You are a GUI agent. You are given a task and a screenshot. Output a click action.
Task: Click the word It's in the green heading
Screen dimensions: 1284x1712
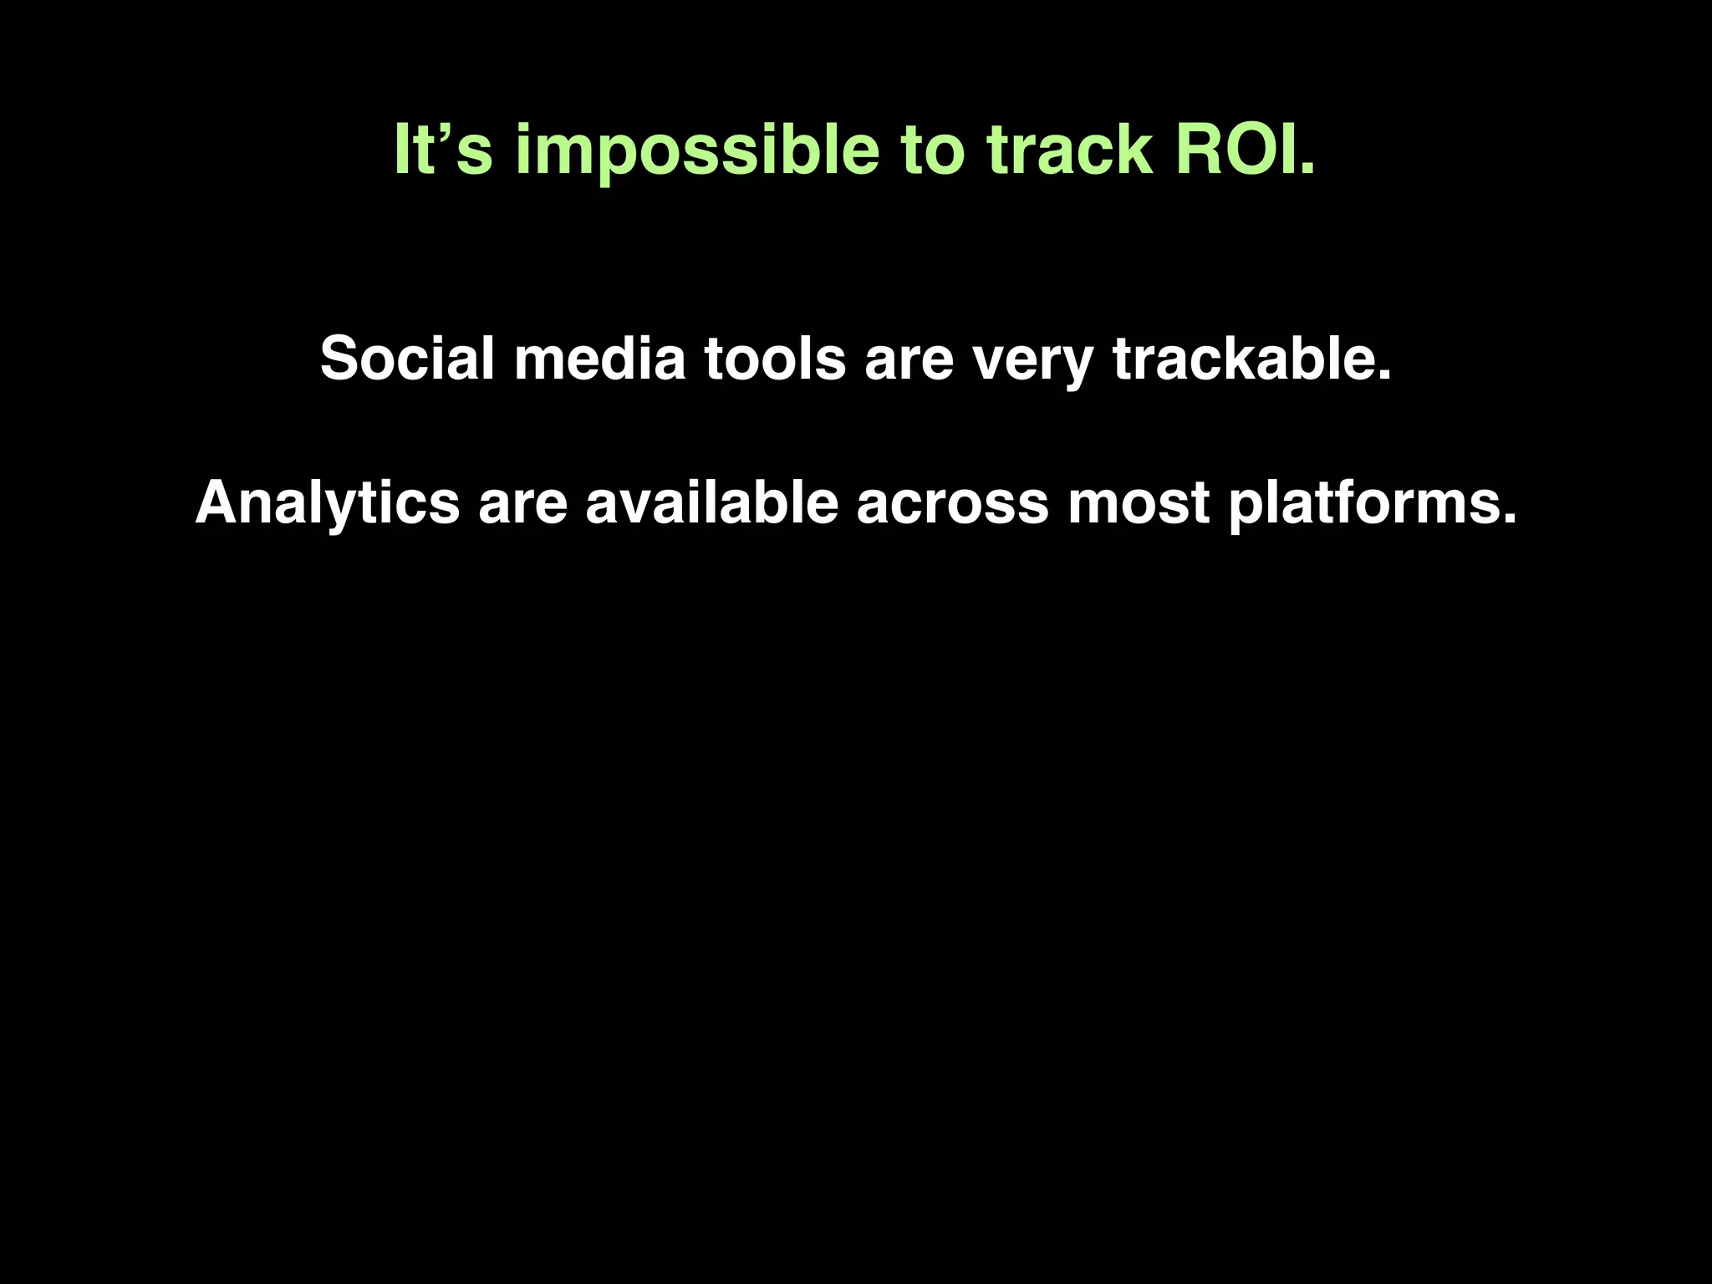point(443,150)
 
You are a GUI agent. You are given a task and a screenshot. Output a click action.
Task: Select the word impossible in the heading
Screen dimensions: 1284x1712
point(696,150)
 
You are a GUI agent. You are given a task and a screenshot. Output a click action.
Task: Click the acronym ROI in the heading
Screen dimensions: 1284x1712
point(1236,150)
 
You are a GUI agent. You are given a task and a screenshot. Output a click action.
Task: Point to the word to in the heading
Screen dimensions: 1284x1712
point(932,150)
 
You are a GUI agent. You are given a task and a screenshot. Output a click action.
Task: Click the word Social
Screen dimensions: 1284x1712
point(407,359)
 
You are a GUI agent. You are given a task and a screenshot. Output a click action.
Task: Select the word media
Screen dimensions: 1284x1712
point(599,359)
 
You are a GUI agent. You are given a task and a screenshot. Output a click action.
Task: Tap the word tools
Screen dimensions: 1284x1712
point(775,359)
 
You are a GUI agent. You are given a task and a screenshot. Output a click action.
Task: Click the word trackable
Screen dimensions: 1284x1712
point(1244,359)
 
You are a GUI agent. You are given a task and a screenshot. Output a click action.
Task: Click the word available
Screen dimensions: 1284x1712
point(711,503)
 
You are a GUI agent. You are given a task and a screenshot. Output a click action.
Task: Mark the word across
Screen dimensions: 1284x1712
point(952,503)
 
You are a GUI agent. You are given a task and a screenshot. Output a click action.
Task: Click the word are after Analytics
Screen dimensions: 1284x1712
point(522,503)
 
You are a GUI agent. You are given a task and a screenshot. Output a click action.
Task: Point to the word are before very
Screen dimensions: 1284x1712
point(909,359)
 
